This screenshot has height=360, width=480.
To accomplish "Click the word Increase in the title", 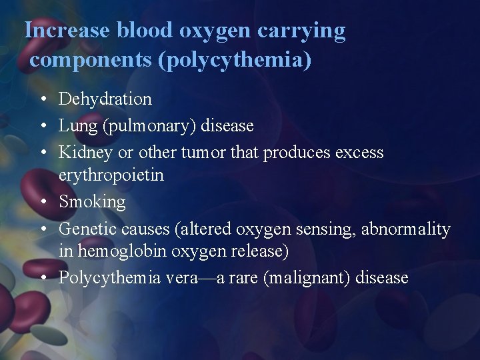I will point(67,30).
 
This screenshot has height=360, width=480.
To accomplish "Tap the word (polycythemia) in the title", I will point(234,59).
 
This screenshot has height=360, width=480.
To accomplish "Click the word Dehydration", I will point(105,99).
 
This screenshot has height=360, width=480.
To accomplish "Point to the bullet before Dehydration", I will point(42,100).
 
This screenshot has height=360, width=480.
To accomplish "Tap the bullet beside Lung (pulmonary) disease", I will point(42,126).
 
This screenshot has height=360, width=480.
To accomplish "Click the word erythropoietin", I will point(111,175).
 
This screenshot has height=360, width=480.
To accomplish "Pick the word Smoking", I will point(92,201).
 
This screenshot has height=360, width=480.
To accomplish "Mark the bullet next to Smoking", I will point(42,202).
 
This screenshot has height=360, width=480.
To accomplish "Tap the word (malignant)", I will point(308,277).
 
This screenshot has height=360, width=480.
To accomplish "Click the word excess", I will point(359,152).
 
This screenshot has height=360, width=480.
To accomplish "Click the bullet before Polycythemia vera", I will point(42,278).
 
